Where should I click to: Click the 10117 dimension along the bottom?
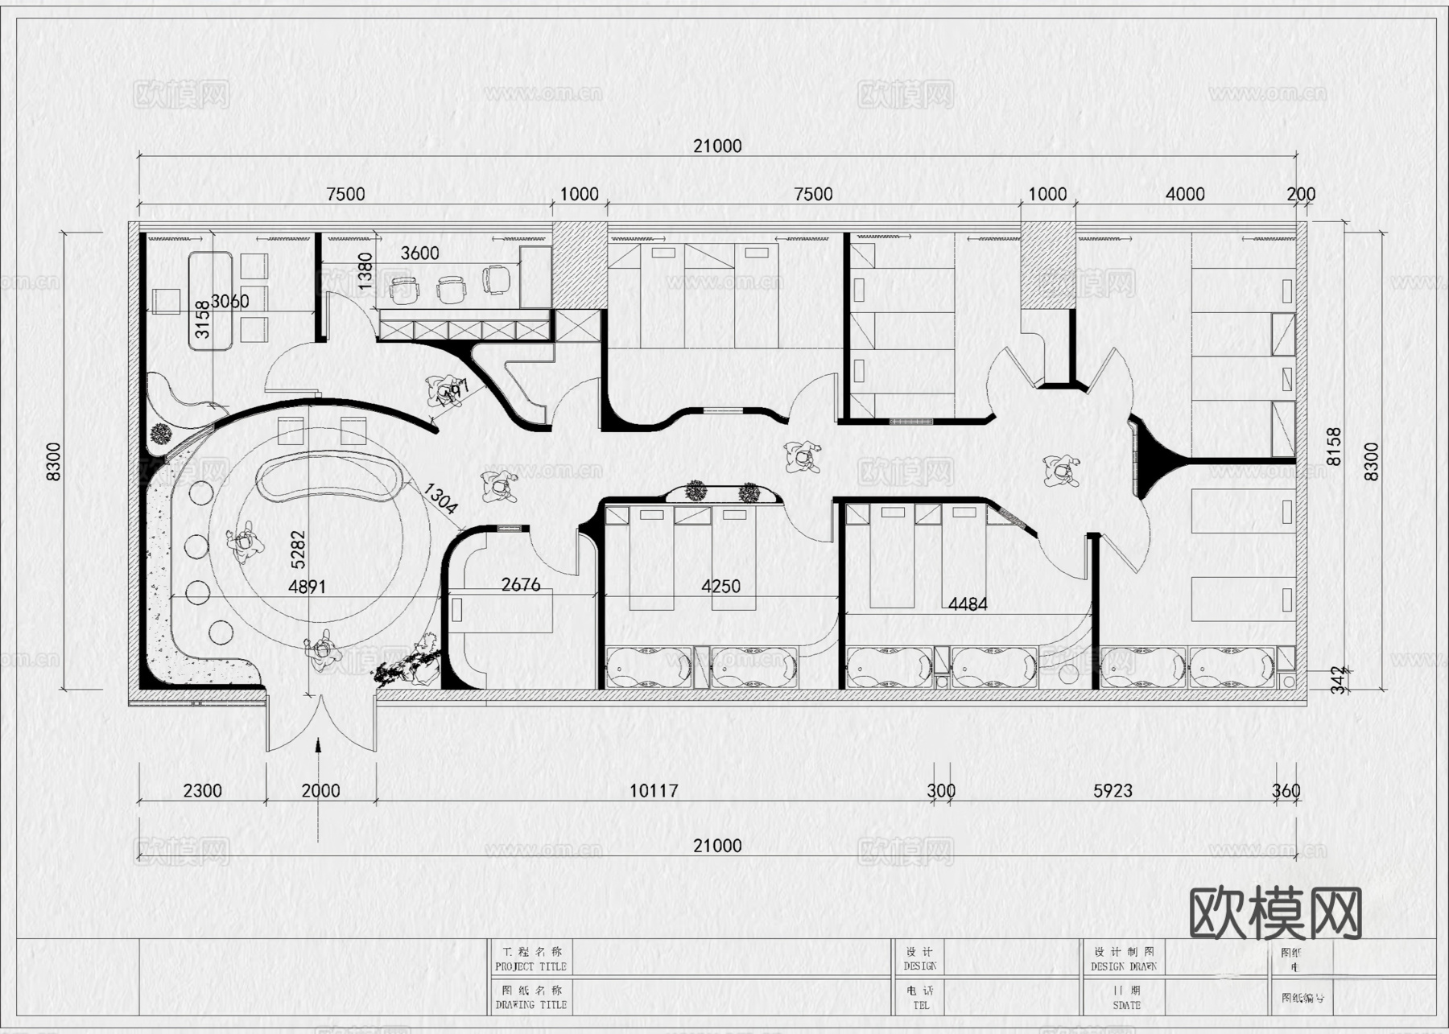point(653,791)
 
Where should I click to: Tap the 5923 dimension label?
point(1113,791)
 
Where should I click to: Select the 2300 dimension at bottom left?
point(202,791)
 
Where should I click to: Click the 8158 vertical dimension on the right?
point(1334,446)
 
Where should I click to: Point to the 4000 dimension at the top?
point(1185,194)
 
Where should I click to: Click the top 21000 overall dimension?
point(717,146)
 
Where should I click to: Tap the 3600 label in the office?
point(419,253)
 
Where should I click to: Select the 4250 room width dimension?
point(720,587)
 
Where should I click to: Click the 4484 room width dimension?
point(968,604)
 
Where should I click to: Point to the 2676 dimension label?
point(521,585)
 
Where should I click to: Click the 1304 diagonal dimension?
point(440,498)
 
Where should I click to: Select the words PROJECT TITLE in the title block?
point(530,966)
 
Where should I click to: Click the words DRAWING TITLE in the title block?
point(530,1005)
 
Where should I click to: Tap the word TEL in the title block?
point(921,1005)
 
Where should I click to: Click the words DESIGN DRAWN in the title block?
point(1124,966)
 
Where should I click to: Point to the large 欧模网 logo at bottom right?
point(1275,913)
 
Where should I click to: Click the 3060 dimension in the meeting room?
point(229,302)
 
